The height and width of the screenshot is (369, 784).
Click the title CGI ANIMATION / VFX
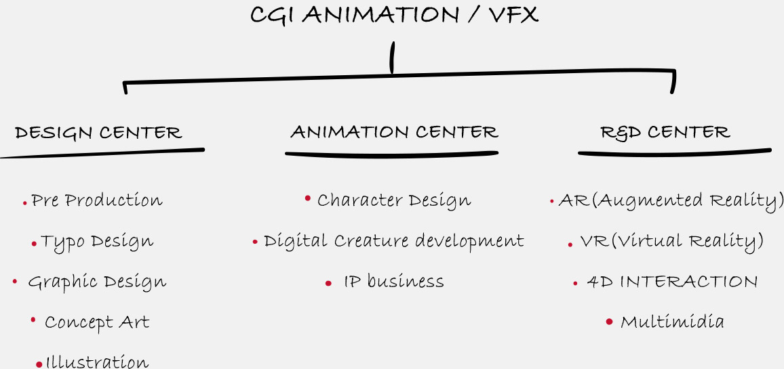394,15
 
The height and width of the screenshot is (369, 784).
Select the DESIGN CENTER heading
98,133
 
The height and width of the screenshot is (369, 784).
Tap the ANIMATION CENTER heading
394,132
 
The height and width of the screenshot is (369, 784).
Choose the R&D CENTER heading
665,132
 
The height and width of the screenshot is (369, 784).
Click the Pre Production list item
96,200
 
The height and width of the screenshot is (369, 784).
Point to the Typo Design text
97,242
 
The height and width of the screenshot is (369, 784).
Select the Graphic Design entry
97,282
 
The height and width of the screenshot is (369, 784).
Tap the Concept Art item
97,322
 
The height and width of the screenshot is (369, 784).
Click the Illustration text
97,362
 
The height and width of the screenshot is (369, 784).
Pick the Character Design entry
394,200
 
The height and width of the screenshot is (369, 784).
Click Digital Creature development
394,242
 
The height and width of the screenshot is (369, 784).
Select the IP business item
394,282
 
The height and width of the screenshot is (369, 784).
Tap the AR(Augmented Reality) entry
671,200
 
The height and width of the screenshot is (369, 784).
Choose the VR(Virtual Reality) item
671,242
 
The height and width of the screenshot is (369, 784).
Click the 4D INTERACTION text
672,282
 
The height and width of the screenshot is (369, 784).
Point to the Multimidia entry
672,322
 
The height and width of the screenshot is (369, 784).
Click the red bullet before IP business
328,284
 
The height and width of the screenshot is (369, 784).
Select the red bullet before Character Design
307,198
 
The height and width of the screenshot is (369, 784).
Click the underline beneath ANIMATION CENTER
391,154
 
